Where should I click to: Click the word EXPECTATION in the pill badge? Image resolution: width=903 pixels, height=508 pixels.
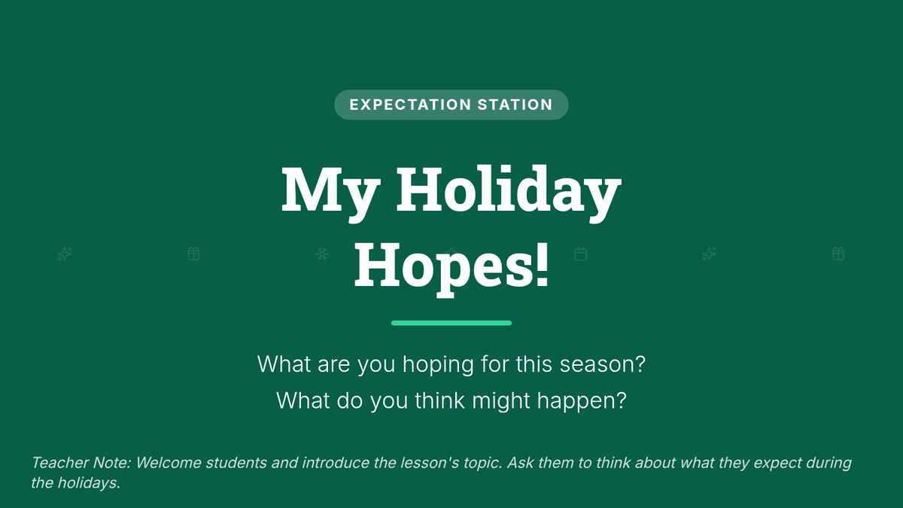coord(410,105)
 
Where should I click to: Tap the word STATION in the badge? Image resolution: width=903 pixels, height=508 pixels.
coord(515,105)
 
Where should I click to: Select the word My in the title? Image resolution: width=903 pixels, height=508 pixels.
coord(330,193)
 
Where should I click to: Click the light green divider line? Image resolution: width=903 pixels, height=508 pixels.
coord(451,323)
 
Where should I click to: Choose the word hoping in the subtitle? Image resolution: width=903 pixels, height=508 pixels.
coord(438,365)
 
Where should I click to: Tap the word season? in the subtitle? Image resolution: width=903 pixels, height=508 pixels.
coord(603,364)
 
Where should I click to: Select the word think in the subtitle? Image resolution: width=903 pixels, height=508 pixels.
coord(439,400)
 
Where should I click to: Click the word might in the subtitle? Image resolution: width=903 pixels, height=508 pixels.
coord(500,401)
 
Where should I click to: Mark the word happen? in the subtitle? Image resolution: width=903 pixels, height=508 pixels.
coord(582,401)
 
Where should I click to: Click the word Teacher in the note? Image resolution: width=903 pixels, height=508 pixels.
coord(59,463)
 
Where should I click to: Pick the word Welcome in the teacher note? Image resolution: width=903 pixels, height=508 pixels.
coord(169,463)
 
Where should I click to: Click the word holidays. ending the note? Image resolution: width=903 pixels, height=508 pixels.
coord(89,483)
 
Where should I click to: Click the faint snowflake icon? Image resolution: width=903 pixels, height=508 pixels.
coord(322,254)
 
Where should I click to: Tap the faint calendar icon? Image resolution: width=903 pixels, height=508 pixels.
coord(580,254)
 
